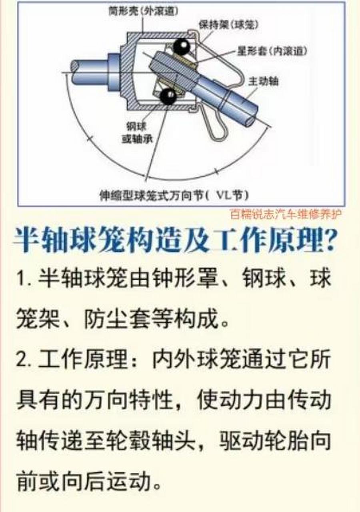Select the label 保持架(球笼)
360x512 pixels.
click(228, 25)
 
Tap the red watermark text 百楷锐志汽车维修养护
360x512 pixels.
click(286, 214)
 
